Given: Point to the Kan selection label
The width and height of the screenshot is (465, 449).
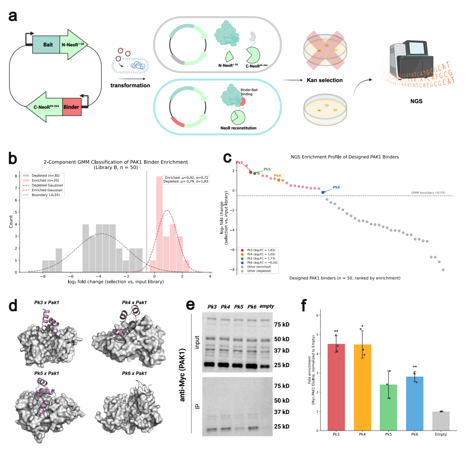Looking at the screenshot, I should coord(325,81).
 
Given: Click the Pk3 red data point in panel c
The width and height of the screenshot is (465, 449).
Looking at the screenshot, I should coord(251,172).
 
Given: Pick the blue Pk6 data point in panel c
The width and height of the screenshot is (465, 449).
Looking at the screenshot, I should coord(323,192).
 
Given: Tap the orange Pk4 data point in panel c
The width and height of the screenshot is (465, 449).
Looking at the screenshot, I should coord(279,180).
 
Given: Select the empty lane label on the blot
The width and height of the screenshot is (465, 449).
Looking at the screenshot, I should coord(267,306).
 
